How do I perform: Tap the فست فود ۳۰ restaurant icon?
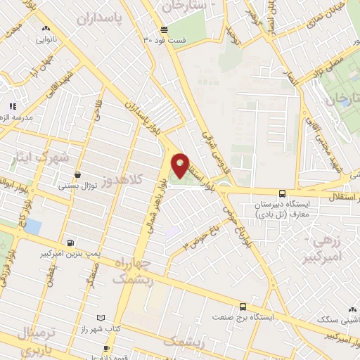click(x=163, y=30)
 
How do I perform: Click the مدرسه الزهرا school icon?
click(x=12, y=106)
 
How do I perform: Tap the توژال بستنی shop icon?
click(x=77, y=175)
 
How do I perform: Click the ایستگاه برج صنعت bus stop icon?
click(x=243, y=307)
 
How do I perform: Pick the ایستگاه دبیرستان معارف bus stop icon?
click(x=282, y=193)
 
